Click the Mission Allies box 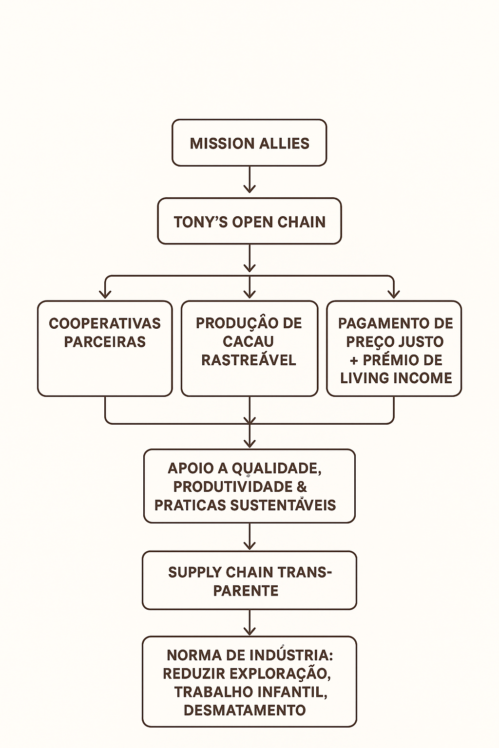(249, 143)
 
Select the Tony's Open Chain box (249, 222)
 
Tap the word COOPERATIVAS (105, 323)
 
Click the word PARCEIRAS (105, 342)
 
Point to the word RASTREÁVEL (249, 360)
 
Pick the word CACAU (249, 341)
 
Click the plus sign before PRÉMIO (354, 360)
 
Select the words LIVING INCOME (396, 378)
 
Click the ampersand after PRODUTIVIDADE (302, 486)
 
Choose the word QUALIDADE (276, 468)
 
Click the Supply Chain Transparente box (249, 580)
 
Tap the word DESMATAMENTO (245, 710)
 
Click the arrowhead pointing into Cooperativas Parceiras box (105, 293)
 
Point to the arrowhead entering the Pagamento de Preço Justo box (394, 293)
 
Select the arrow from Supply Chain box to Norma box (249, 623)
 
